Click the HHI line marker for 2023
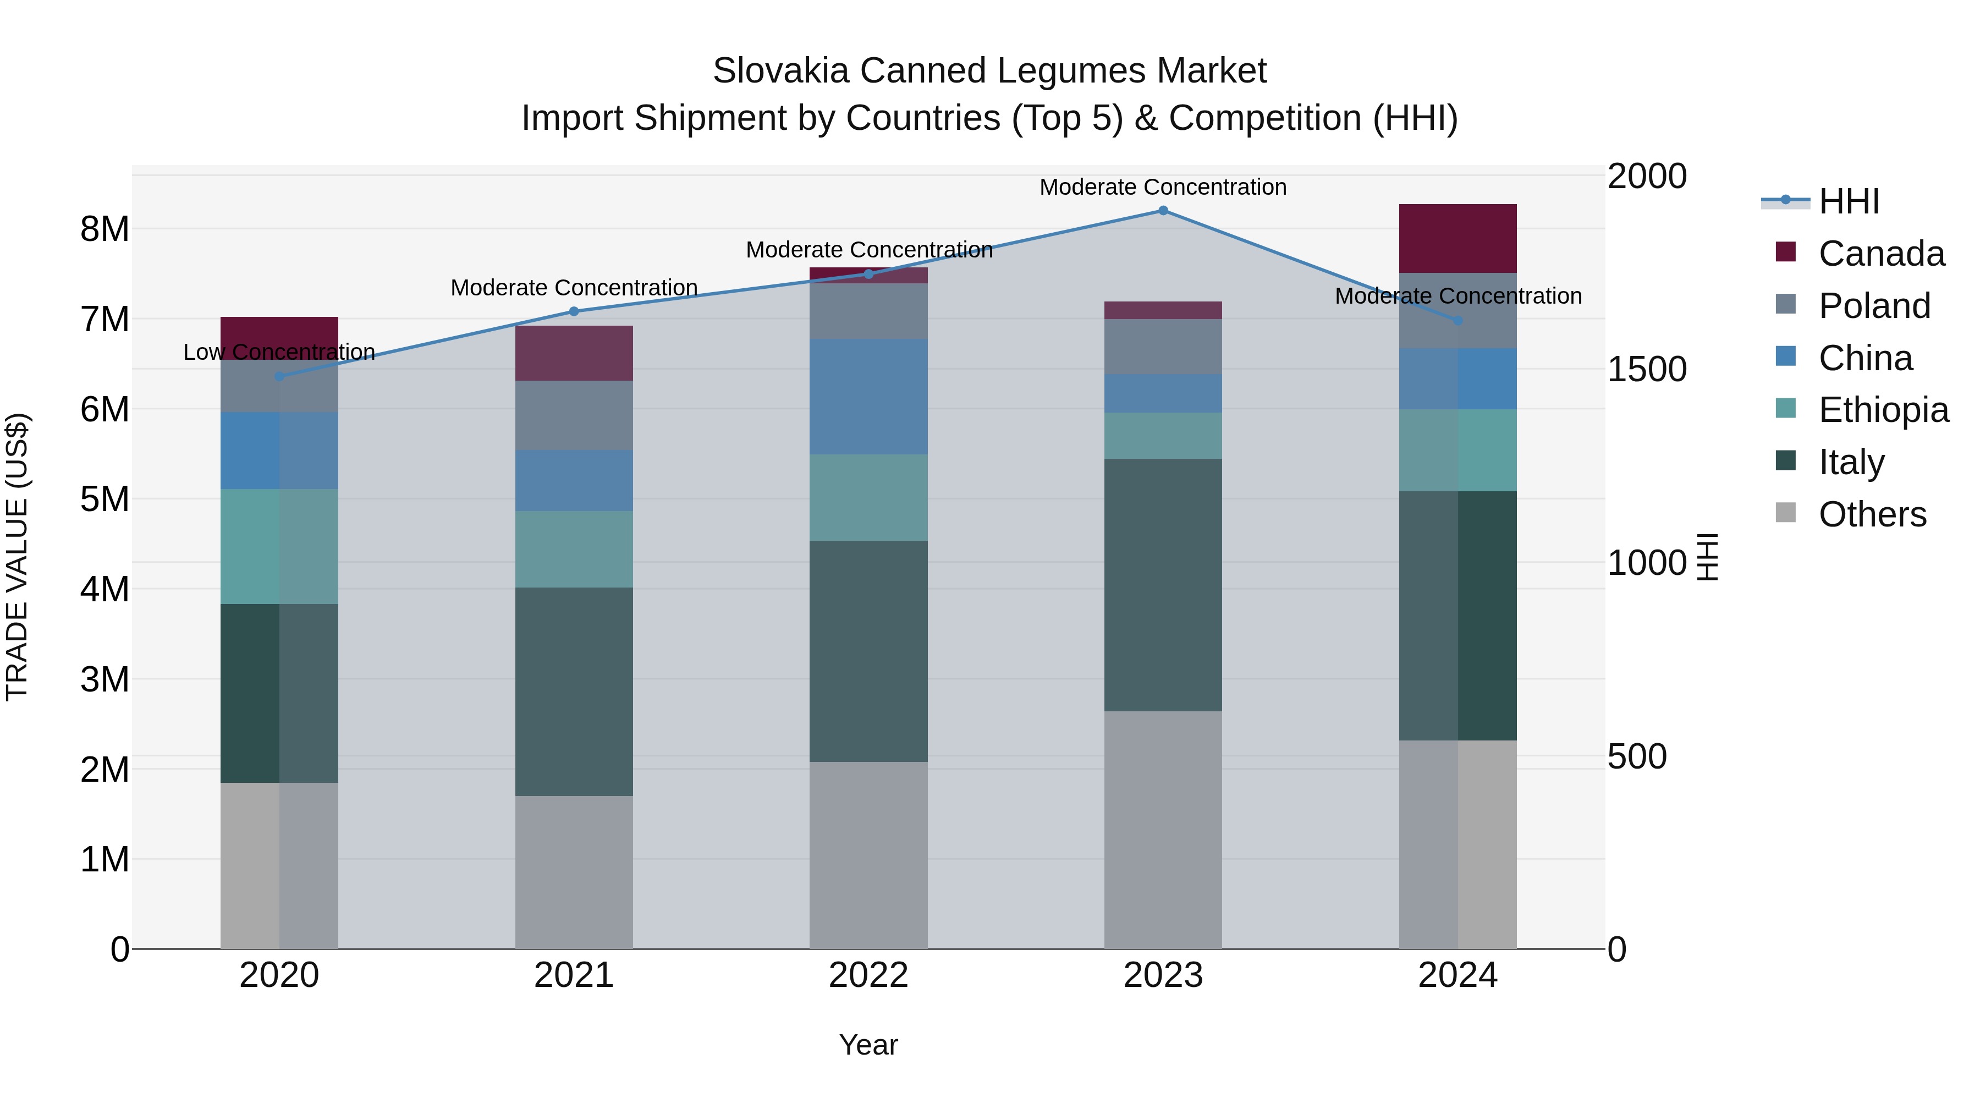(1163, 211)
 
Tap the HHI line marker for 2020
(280, 377)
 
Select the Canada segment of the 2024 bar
(1458, 238)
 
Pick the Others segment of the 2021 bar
(574, 872)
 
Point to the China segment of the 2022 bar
(868, 397)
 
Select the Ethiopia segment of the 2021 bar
(574, 549)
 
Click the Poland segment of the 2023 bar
(1163, 347)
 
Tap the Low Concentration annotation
(280, 352)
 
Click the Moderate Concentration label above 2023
(1163, 187)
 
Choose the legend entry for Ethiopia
(1883, 410)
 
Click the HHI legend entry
(1849, 201)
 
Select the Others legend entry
(1872, 514)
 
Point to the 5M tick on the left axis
(105, 500)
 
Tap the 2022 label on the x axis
(868, 975)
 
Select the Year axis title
(868, 1045)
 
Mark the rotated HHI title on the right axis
(1707, 557)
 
